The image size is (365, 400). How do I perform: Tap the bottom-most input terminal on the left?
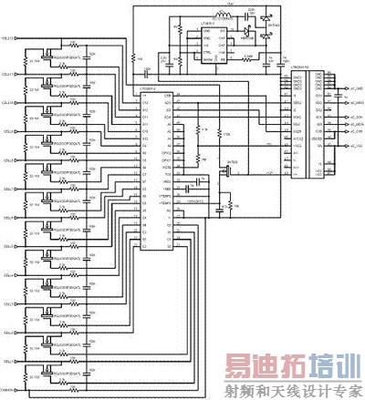[x=10, y=390]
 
